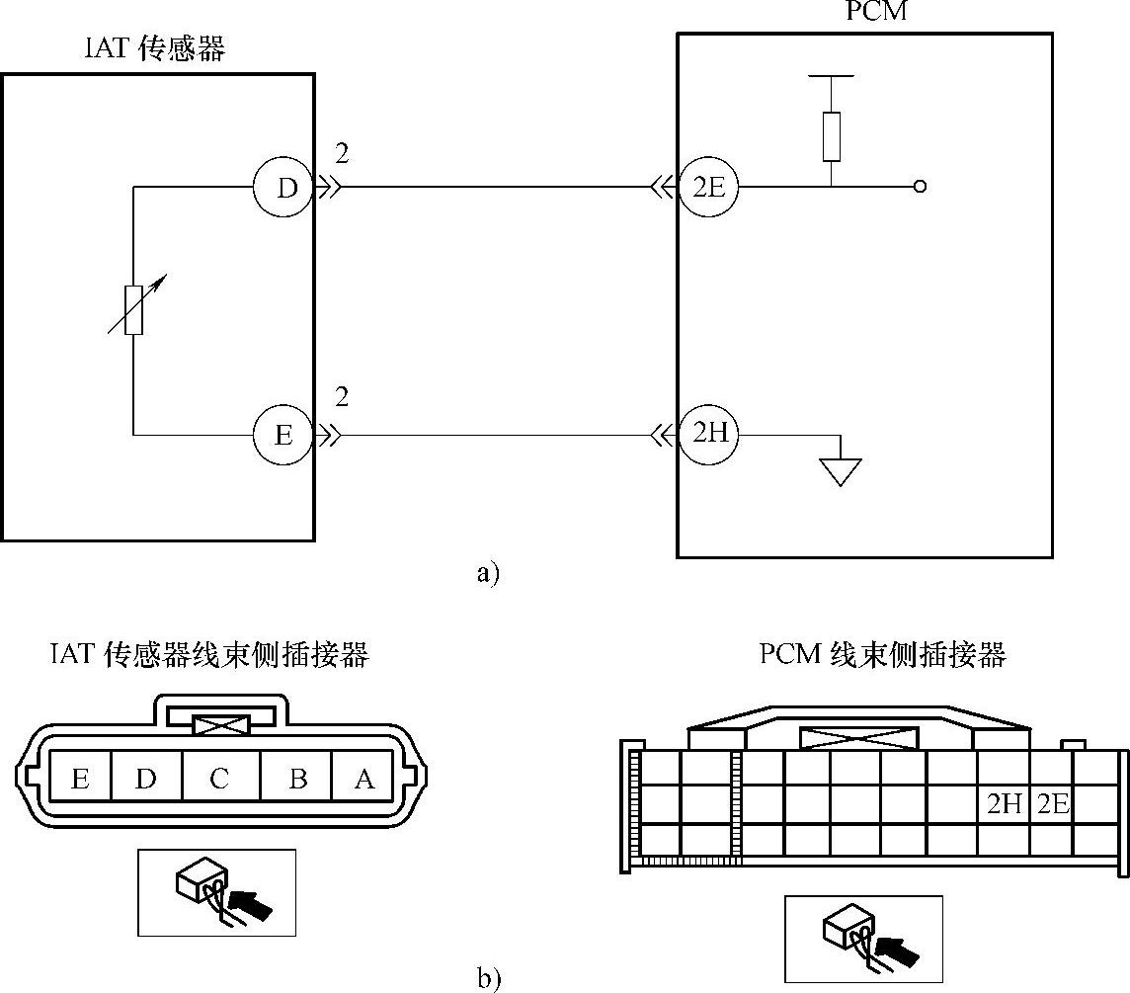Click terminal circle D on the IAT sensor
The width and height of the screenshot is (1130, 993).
coord(285,187)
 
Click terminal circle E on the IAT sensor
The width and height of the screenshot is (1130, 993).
coord(283,435)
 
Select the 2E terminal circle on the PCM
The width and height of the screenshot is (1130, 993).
coord(708,187)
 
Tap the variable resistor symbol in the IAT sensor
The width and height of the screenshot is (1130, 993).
coord(134,309)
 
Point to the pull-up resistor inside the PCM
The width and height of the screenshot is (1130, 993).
coord(832,135)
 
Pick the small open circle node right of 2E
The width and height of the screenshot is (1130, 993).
coord(920,187)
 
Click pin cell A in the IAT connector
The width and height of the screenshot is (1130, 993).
coord(363,779)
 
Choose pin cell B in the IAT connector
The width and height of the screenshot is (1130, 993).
coord(296,779)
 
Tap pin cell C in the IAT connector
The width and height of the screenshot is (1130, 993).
coord(220,779)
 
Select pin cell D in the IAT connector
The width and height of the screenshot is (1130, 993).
coord(146,779)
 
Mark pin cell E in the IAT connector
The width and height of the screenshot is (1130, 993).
coord(80,779)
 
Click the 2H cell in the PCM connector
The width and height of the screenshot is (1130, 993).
coord(1004,804)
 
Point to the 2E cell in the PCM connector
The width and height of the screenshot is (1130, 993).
coord(1053,804)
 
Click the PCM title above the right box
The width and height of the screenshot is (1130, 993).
coord(876,12)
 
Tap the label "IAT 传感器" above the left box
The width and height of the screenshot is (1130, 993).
coord(155,48)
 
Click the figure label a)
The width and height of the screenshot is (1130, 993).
coord(488,573)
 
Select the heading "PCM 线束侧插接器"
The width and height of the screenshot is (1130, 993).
coord(883,654)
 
